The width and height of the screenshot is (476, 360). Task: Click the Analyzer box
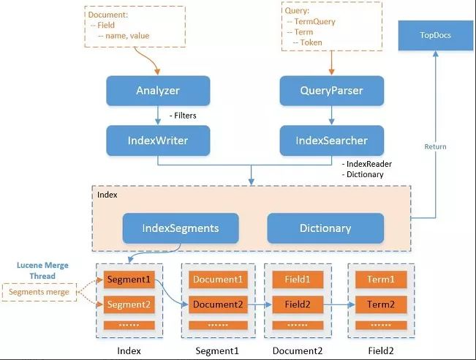pyautogui.click(x=158, y=91)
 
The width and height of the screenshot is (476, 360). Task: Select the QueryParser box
pyautogui.click(x=331, y=91)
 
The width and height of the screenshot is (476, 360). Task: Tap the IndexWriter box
pyautogui.click(x=158, y=140)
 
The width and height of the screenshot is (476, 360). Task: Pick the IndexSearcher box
pyautogui.click(x=331, y=140)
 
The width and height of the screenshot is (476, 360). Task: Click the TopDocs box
pyautogui.click(x=435, y=35)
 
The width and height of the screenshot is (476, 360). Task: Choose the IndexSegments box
pyautogui.click(x=181, y=228)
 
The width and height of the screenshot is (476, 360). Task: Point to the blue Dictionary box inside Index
pyautogui.click(x=325, y=228)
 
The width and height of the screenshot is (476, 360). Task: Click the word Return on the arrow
pyautogui.click(x=435, y=147)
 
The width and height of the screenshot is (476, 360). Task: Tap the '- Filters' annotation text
pyautogui.click(x=183, y=116)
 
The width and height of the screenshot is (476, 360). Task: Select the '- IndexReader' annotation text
pyautogui.click(x=367, y=164)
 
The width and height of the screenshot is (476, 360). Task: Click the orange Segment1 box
pyautogui.click(x=129, y=280)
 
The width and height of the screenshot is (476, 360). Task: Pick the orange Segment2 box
pyautogui.click(x=129, y=304)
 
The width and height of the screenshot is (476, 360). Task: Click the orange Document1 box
pyautogui.click(x=218, y=280)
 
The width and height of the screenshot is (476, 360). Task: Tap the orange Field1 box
pyautogui.click(x=298, y=280)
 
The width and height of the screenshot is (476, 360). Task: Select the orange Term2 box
pyautogui.click(x=381, y=304)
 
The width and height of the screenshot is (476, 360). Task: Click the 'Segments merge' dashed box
pyautogui.click(x=39, y=292)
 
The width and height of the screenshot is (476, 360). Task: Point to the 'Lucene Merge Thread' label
pyautogui.click(x=42, y=271)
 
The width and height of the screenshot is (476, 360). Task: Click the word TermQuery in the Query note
pyautogui.click(x=315, y=21)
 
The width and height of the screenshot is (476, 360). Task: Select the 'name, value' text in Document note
pyautogui.click(x=127, y=36)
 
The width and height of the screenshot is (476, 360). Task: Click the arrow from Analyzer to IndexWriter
pyautogui.click(x=158, y=115)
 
